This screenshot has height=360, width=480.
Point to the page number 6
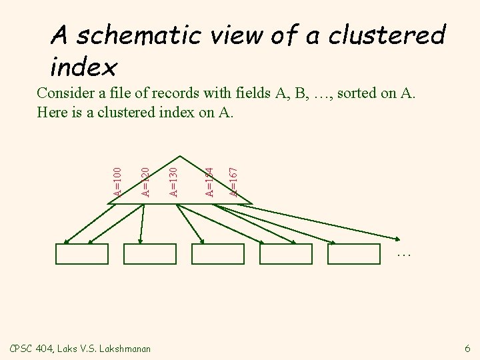coord(467,348)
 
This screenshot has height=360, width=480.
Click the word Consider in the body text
coord(64,92)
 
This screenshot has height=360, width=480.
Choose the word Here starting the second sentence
coord(51,111)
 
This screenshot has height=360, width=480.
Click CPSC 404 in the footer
coord(31,348)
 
